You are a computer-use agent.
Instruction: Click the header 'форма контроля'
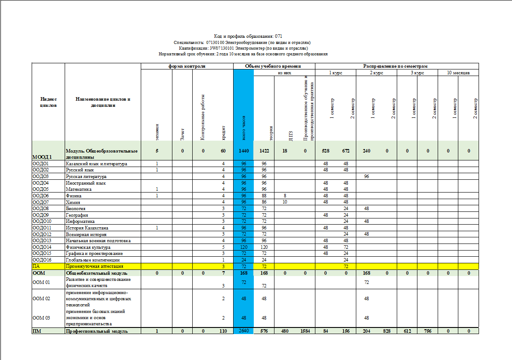[187, 66]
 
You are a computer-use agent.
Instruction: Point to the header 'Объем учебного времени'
[274, 66]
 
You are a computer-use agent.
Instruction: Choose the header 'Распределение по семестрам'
[395, 66]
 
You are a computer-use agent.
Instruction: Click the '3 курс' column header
[417, 73]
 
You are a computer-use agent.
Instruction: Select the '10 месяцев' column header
[458, 73]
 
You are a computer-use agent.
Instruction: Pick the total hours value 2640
[243, 331]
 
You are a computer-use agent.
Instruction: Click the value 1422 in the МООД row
[264, 151]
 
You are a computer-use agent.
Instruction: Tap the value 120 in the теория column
[264, 247]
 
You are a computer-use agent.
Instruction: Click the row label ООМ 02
[41, 298]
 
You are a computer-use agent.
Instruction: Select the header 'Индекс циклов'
[48, 102]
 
